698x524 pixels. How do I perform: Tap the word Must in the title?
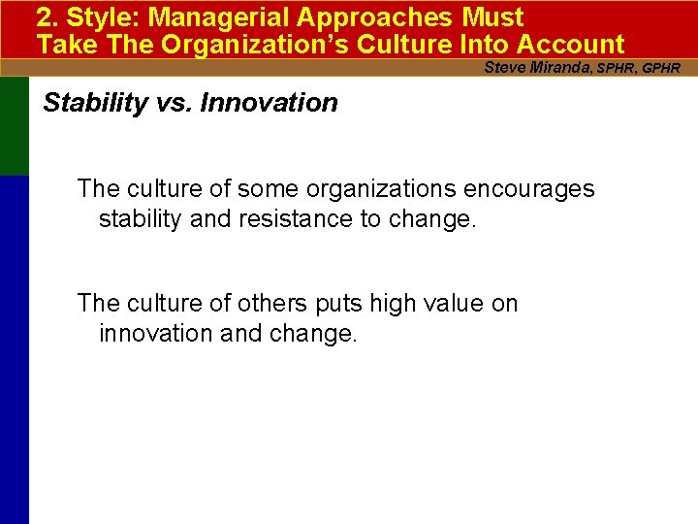coord(492,17)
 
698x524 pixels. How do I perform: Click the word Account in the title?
coord(571,45)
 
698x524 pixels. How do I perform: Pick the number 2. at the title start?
coord(48,17)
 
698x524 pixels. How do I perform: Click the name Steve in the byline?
coord(503,68)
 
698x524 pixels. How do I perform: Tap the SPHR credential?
coord(617,69)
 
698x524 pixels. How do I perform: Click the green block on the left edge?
coord(15,126)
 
